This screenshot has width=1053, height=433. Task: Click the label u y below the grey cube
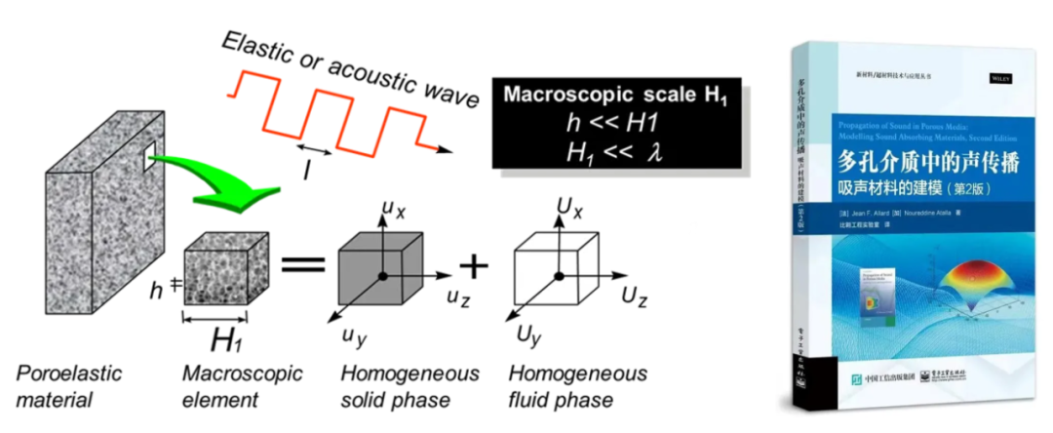coord(353,335)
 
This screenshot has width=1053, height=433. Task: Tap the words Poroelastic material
coord(61,386)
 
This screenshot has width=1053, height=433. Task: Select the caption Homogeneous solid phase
coord(409,386)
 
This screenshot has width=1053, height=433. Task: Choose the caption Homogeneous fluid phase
coord(578,386)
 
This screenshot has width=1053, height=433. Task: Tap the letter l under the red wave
coord(308,170)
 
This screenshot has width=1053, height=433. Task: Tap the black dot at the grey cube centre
coord(383,276)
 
